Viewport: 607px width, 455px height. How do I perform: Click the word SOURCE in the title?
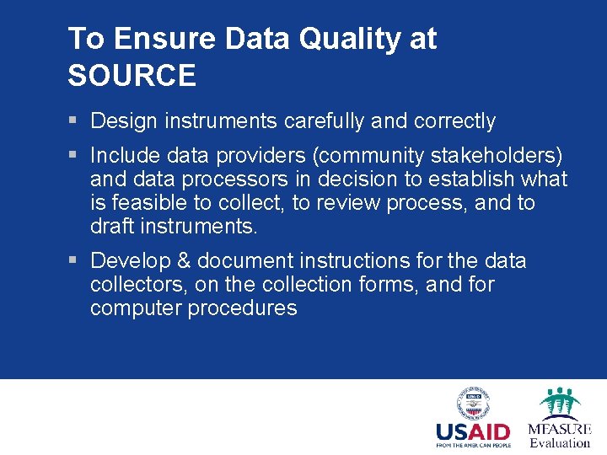pos(132,76)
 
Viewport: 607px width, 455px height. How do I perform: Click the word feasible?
pos(143,203)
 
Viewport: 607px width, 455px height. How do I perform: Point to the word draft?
pos(111,227)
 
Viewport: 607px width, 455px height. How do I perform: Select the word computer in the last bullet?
pos(136,308)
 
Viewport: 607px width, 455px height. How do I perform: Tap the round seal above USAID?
pos(473,403)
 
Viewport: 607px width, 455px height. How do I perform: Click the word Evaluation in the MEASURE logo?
pos(560,443)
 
